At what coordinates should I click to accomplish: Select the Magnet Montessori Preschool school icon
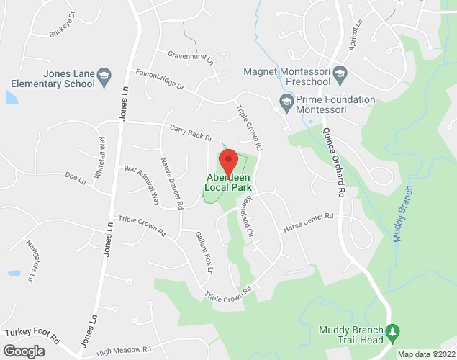tap(341, 71)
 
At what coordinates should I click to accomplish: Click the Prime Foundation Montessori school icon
tap(286, 102)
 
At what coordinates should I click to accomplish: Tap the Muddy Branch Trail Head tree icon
tap(392, 333)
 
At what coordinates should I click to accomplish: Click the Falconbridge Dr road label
tap(159, 78)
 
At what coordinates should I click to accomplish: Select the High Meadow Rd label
tap(124, 350)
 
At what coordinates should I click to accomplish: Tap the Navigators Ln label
tap(31, 261)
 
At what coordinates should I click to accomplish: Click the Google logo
tap(23, 351)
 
